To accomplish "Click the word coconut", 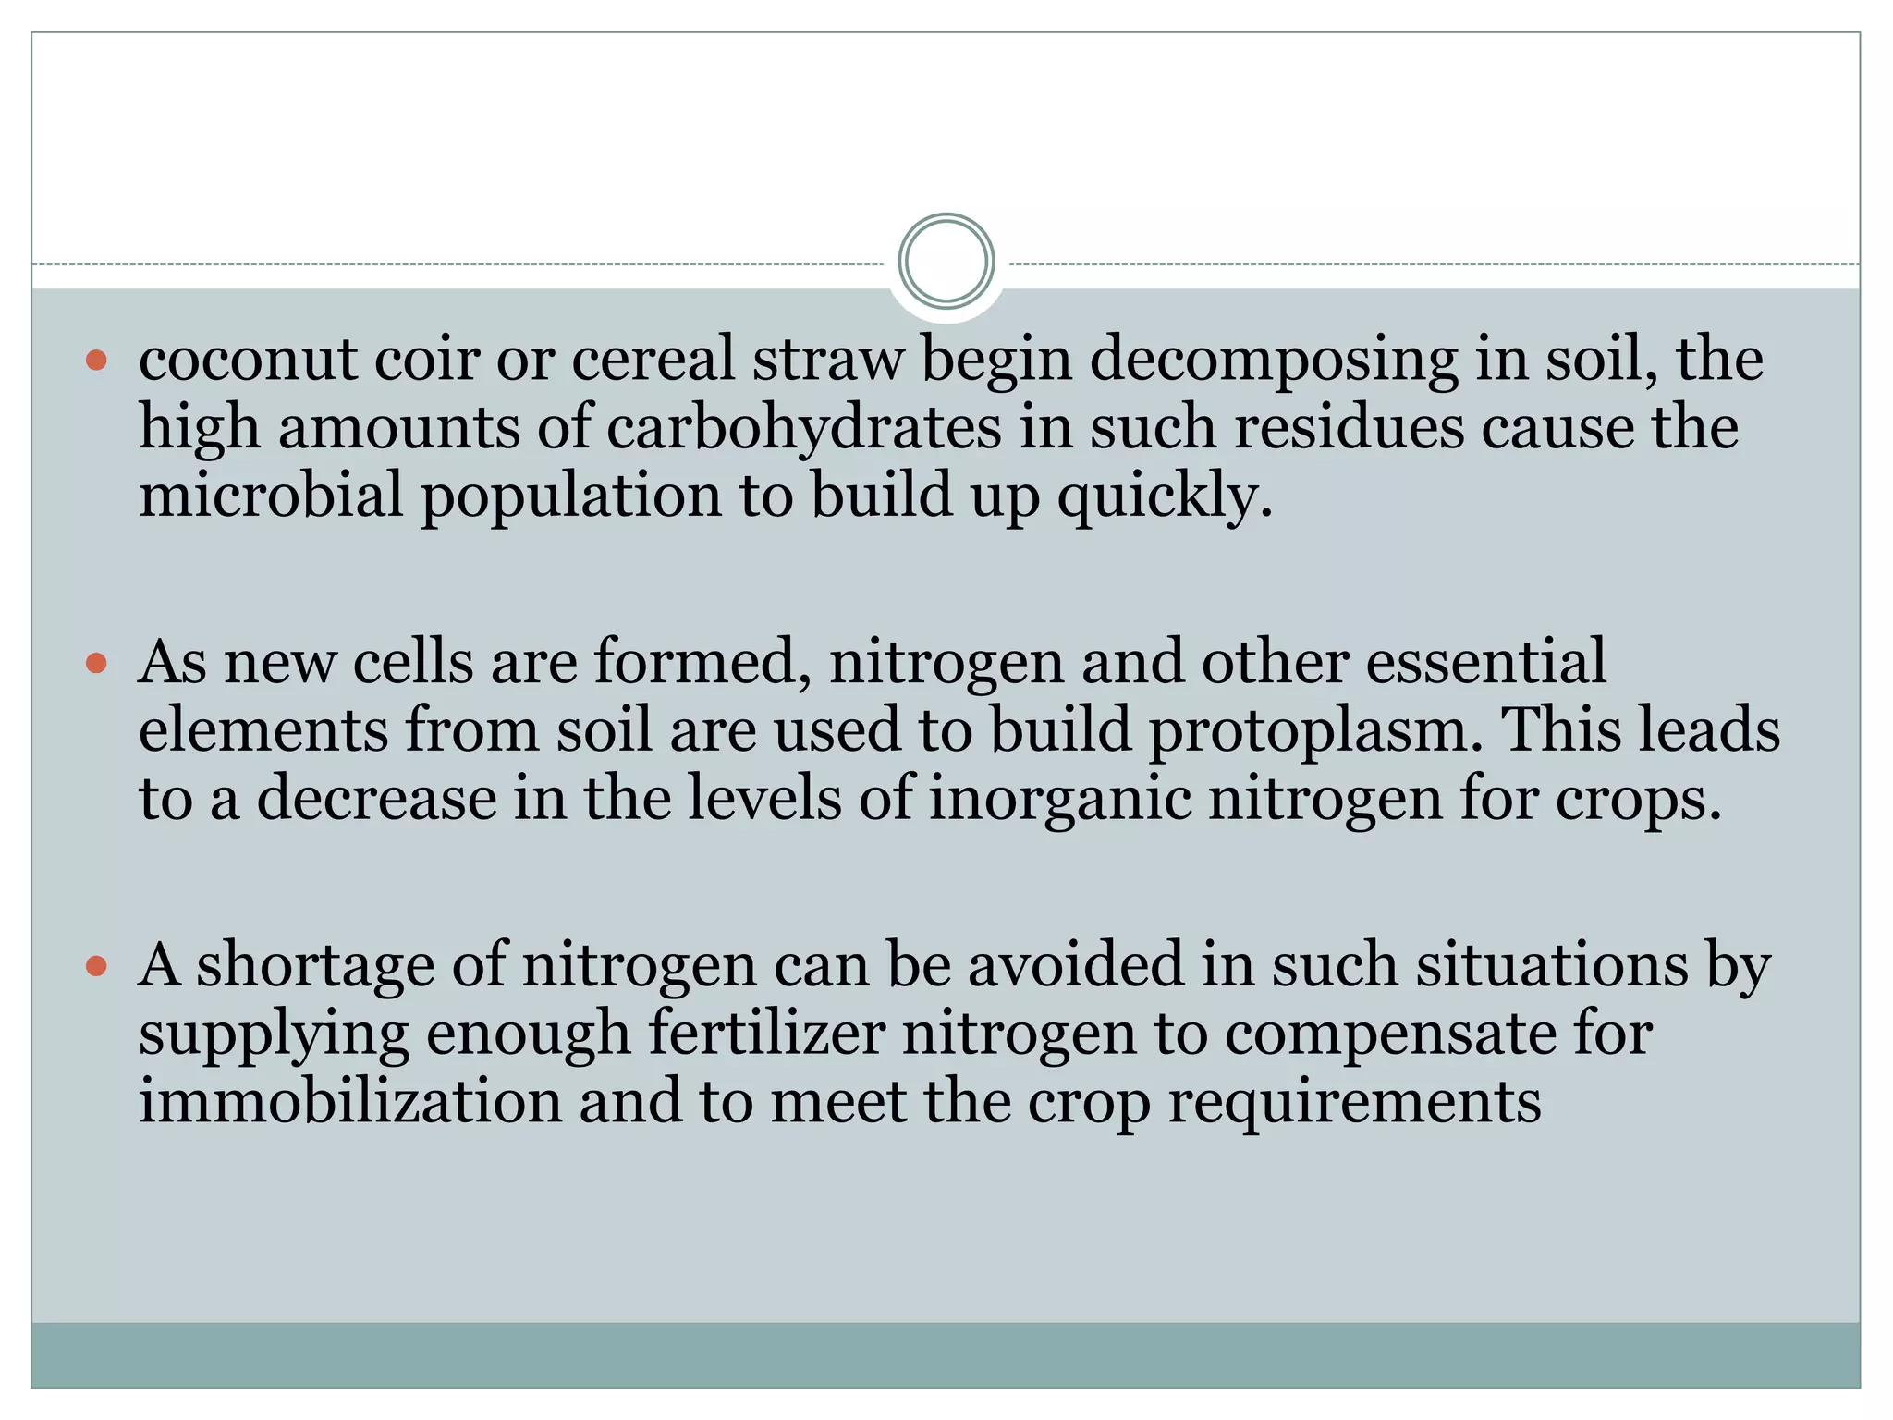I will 247,359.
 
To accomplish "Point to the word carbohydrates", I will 803,428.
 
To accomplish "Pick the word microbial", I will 271,496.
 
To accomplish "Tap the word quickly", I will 1165,497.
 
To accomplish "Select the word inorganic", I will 1059,799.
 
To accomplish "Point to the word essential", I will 1485,662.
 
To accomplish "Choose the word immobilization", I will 350,1102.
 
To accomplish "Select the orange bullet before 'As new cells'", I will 96,663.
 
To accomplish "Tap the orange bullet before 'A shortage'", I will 96,967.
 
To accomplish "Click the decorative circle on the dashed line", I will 946,261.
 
